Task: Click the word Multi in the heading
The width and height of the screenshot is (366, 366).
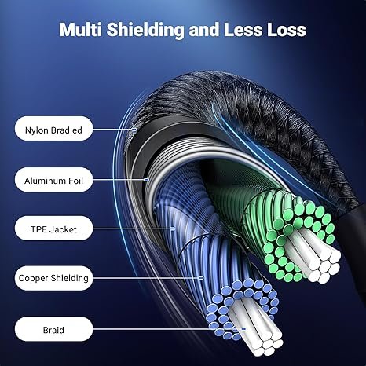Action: coord(81,29)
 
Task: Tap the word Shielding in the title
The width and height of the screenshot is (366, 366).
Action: coord(145,30)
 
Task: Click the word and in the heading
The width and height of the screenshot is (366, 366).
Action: coord(204,29)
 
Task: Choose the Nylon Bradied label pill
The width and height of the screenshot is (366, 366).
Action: coord(53,129)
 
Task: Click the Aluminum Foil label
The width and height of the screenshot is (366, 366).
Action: coord(53,180)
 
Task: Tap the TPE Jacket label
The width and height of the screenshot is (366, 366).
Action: coord(53,229)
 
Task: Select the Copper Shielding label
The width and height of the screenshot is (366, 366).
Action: coord(53,278)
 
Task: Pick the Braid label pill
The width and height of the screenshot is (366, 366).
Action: coord(53,329)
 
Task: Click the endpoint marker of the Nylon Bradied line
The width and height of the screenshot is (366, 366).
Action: coord(134,129)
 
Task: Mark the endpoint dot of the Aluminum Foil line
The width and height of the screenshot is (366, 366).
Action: coord(147,180)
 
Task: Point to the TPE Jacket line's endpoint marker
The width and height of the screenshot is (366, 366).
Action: coord(172,229)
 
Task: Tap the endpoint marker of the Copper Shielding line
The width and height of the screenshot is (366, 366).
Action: coord(201,278)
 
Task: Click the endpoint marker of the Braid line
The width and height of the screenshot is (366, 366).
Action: coord(243,328)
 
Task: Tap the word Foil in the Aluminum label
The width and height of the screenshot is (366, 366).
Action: coord(75,181)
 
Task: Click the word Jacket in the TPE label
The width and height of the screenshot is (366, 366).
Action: coord(63,229)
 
